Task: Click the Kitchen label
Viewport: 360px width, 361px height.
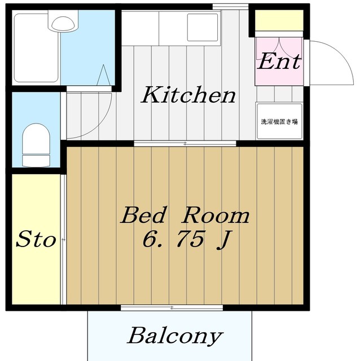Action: point(188,95)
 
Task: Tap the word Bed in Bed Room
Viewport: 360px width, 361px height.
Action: point(143,215)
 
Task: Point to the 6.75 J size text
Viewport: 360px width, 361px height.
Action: point(186,239)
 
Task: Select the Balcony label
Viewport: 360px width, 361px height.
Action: point(175,336)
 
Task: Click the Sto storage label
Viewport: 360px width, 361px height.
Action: point(36,239)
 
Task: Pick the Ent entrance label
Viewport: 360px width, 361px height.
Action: point(279,61)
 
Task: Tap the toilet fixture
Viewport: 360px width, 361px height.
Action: point(36,145)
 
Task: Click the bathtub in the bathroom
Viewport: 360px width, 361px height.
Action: point(36,48)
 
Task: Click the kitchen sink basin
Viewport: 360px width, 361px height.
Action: point(203,28)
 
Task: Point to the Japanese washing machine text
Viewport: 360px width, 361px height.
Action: point(279,121)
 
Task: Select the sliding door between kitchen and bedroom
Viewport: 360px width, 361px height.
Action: point(185,144)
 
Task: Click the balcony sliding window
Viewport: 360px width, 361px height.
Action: point(172,307)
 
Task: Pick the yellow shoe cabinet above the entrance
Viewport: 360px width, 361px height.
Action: point(279,20)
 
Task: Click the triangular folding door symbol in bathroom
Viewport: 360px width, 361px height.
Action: point(103,75)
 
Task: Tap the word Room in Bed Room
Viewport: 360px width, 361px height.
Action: point(215,215)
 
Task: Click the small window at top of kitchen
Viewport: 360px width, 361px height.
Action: point(230,7)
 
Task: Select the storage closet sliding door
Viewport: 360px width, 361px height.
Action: point(64,239)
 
